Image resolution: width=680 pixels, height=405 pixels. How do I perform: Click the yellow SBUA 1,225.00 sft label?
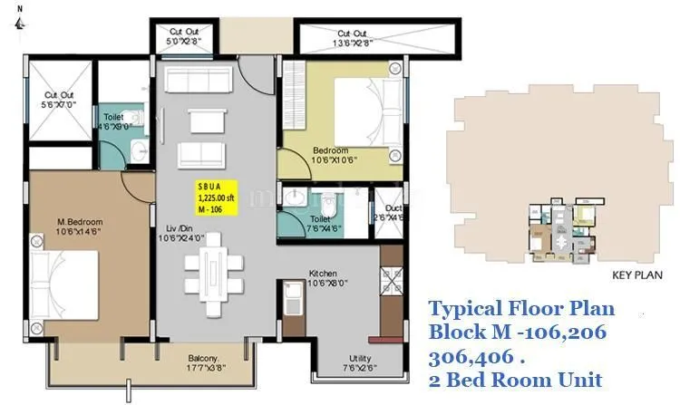pyautogui.click(x=217, y=198)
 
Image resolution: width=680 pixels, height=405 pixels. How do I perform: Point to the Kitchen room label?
pyautogui.click(x=325, y=277)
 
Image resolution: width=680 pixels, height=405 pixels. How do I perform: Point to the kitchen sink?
pyautogui.click(x=294, y=300)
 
